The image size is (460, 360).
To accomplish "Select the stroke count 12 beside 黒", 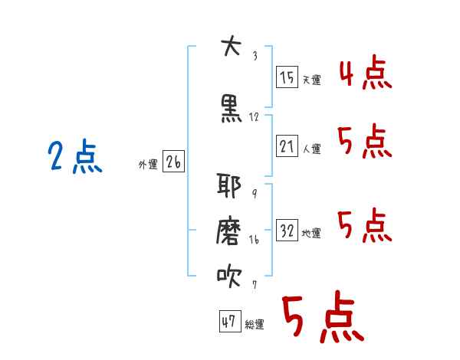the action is point(255,117).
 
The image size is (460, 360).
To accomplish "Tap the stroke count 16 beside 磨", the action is point(255,240).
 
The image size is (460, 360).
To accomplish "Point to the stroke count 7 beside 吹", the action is point(254,285).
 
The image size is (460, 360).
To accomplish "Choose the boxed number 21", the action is point(287,146).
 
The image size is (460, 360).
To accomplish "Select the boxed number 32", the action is point(287,231).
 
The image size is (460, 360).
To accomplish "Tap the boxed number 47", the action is point(229,322).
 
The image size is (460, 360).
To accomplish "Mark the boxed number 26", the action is point(173,162).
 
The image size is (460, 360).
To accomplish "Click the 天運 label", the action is point(311,80).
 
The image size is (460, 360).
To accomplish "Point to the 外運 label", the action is point(148,165).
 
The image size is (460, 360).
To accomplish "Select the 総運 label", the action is point(254,325).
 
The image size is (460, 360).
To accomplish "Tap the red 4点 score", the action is point(365,74).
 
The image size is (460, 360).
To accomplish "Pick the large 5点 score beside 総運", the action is point(323,319).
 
